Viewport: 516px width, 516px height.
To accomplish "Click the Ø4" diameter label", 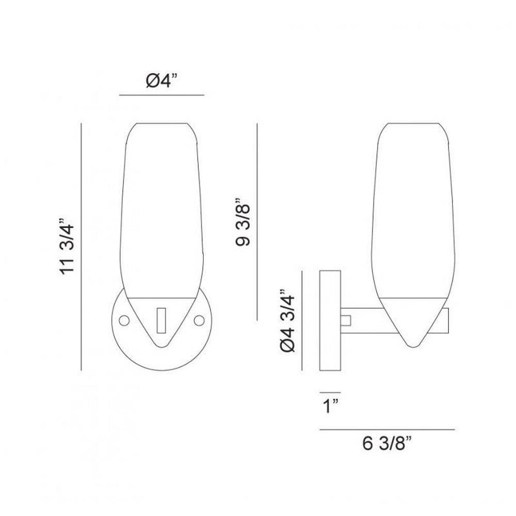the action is (161, 80).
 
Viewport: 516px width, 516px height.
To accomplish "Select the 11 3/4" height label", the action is (67, 246).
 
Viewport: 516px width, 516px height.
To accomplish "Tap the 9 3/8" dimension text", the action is (243, 222).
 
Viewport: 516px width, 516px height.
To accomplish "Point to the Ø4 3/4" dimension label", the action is (288, 321).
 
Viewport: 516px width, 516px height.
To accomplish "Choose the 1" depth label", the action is (331, 406).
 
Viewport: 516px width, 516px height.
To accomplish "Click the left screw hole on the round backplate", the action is (124, 320).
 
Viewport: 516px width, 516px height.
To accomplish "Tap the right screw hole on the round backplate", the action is (199, 320).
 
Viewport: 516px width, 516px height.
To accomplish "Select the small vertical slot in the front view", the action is (161, 320).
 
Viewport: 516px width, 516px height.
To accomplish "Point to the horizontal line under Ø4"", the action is (162, 95).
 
